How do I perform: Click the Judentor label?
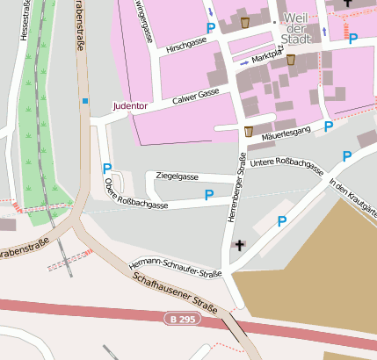130,106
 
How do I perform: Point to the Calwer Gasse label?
195,94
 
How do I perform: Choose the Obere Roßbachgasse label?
135,195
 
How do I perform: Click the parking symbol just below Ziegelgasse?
209,195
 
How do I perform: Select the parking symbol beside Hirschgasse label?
210,29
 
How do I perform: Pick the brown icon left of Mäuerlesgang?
249,132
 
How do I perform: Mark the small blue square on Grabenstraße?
85,101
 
